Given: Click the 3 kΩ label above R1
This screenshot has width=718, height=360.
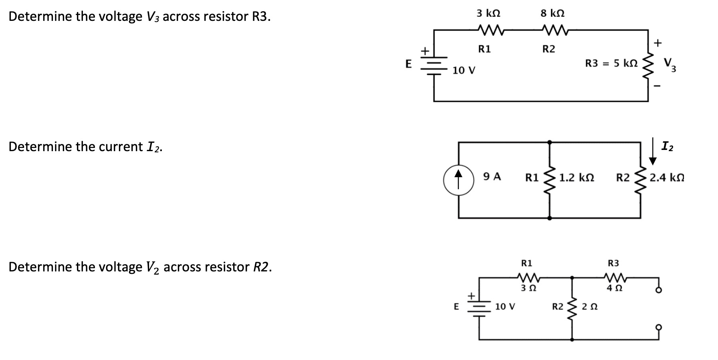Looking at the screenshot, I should (488, 13).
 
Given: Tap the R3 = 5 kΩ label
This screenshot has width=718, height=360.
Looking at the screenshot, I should (611, 63).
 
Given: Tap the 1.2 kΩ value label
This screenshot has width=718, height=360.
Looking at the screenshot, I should (577, 177).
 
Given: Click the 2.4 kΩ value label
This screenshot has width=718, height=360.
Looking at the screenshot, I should (667, 177).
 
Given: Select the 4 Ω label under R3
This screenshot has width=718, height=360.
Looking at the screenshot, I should (614, 288).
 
